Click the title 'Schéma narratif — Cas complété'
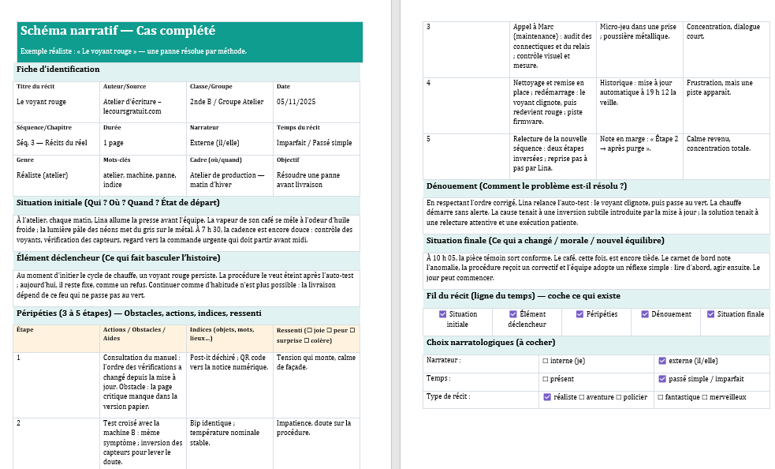pos(117,32)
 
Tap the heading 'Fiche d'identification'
pos(58,69)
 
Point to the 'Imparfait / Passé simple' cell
pos(315,144)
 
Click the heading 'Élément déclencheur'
pos(117,257)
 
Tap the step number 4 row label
pos(429,83)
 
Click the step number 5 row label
pos(429,139)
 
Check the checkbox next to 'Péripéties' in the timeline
pos(579,314)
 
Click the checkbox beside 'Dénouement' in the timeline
pos(644,314)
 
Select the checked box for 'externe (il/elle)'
pos(661,361)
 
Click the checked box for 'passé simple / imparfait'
pos(661,379)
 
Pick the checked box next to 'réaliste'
pos(547,397)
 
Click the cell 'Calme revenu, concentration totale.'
pos(717,144)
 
